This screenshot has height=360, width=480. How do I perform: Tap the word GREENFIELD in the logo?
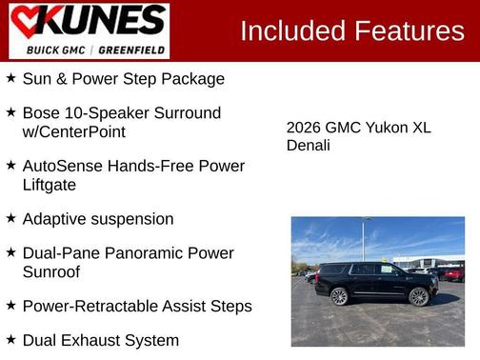pos(134,50)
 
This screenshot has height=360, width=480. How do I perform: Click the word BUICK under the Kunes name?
pos(43,50)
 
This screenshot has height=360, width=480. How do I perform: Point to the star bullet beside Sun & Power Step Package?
pos(10,78)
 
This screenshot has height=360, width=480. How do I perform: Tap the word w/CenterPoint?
pos(73,131)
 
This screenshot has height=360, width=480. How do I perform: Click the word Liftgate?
pos(49,185)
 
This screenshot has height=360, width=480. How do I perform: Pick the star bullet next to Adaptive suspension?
pos(10,218)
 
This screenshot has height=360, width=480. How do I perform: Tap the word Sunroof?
pos(51,271)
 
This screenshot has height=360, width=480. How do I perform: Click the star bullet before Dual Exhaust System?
pos(10,339)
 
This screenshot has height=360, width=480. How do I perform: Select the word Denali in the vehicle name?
pos(309,146)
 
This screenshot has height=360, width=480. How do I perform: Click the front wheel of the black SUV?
pos(419,296)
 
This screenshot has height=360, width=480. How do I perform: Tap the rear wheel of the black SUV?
pos(339,296)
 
